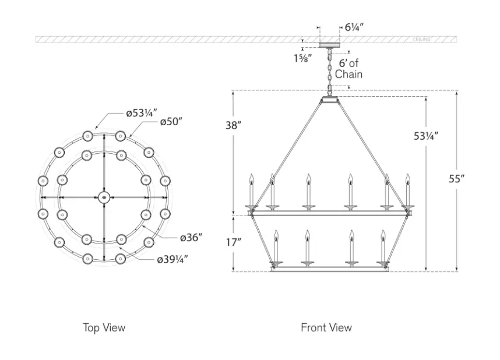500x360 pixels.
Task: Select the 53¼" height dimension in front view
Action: point(426,136)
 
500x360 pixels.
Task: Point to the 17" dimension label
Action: point(233,242)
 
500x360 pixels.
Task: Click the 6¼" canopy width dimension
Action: point(354,27)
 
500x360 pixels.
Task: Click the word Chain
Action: point(348,74)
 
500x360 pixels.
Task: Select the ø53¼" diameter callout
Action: point(141,113)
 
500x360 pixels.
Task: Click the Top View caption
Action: point(104,328)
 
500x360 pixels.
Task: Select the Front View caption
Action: point(326,328)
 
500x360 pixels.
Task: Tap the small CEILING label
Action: point(421,40)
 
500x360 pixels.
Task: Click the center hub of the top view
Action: point(104,197)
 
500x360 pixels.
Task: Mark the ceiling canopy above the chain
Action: point(329,45)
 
